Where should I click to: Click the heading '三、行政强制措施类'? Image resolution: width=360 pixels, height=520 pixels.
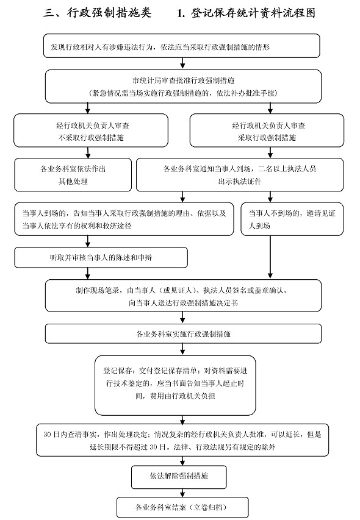pyautogui.click(x=97, y=13)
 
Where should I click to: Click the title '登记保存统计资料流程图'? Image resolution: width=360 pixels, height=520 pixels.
pyautogui.click(x=253, y=13)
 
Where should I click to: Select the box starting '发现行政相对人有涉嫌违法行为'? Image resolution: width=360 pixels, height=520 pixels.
pyautogui.click(x=182, y=46)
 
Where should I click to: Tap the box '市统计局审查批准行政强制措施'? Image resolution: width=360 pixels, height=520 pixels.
pyautogui.click(x=183, y=86)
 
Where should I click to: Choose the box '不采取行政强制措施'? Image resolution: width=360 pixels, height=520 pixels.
pyautogui.click(x=90, y=130)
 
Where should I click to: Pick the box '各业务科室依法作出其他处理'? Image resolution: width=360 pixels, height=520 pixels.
pyautogui.click(x=73, y=175)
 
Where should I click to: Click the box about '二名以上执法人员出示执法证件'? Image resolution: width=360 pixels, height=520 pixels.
pyautogui.click(x=240, y=175)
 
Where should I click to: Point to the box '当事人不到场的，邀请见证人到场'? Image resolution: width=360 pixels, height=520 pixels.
pyautogui.click(x=292, y=219)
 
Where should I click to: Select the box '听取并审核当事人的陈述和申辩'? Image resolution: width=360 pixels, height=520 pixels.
pyautogui.click(x=101, y=258)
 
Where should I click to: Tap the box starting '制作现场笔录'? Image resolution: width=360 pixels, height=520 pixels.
pyautogui.click(x=183, y=296)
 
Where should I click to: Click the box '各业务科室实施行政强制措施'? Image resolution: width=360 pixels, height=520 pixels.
pyautogui.click(x=183, y=333)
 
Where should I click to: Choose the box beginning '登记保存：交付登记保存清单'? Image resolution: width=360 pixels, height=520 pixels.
pyautogui.click(x=175, y=385)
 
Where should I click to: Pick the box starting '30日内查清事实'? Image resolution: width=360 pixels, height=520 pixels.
pyautogui.click(x=182, y=440)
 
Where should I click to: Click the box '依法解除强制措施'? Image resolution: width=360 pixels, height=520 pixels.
pyautogui.click(x=179, y=477)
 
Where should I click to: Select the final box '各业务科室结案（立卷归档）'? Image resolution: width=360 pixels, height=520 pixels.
pyautogui.click(x=182, y=507)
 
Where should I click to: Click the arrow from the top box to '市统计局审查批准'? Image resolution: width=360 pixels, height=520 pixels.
pyautogui.click(x=182, y=63)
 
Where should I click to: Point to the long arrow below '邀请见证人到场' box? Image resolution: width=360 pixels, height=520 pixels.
pyautogui.click(x=270, y=257)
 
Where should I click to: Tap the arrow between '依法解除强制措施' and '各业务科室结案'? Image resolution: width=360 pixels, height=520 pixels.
pyautogui.click(x=182, y=493)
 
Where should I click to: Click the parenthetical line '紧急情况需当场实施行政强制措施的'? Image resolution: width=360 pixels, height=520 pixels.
pyautogui.click(x=183, y=93)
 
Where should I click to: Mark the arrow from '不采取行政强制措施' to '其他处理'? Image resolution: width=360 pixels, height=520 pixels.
pyautogui.click(x=88, y=152)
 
